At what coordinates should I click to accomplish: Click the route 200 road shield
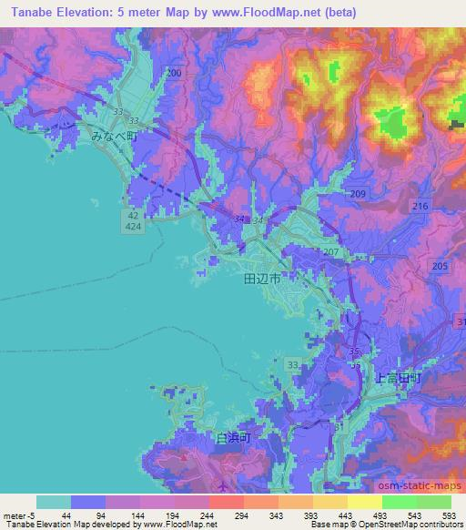(x=174, y=72)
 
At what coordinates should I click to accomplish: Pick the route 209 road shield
(x=357, y=195)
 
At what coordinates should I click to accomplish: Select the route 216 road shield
(x=420, y=208)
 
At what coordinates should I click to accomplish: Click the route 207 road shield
(x=330, y=251)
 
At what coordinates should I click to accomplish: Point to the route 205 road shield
(x=440, y=266)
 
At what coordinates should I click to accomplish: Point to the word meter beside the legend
(x=15, y=516)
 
